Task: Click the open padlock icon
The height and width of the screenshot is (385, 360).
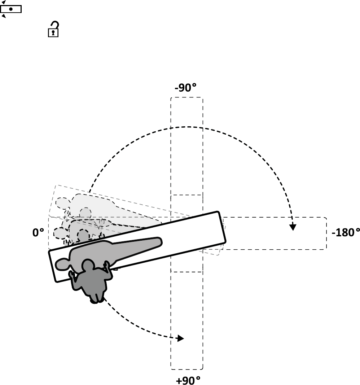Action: [53, 30]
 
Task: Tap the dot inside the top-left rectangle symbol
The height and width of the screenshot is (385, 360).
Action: [11, 9]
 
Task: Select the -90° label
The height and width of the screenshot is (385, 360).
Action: [185, 88]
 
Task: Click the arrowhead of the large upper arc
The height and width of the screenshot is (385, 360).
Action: [293, 227]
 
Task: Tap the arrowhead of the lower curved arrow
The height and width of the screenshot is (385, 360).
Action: [180, 338]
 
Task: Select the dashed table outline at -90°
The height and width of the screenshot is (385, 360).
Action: [187, 144]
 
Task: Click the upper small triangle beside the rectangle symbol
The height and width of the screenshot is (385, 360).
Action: [4, 3]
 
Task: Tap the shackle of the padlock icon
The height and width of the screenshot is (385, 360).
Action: [54, 25]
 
